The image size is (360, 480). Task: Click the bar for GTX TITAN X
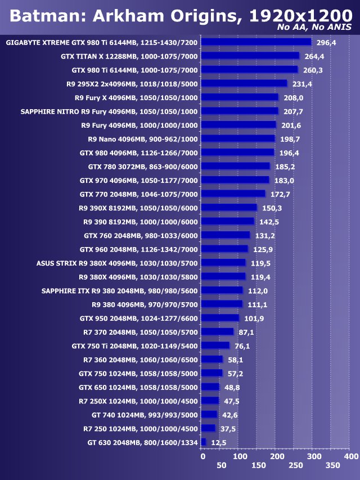[250, 56]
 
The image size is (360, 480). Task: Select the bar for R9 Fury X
[239, 97]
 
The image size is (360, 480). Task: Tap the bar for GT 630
[203, 442]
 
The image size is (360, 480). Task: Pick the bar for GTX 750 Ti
[215, 346]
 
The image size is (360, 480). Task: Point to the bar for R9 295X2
[244, 83]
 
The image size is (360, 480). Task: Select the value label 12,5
[218, 443]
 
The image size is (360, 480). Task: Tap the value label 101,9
[253, 318]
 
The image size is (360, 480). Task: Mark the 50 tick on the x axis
[221, 466]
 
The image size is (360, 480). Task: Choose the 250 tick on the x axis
[294, 466]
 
